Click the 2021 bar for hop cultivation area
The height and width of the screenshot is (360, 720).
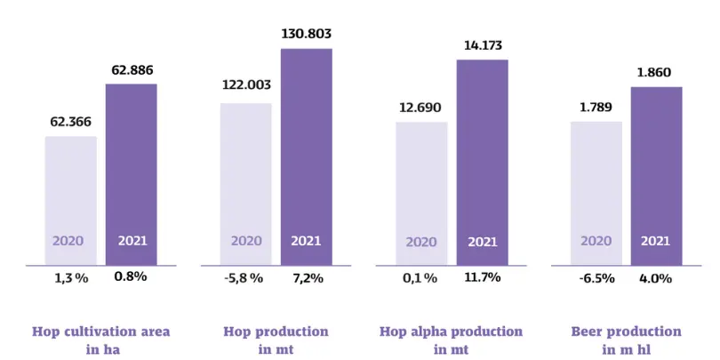click(131, 174)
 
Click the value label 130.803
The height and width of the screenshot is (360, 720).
click(306, 34)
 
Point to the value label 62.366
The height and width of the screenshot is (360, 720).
click(70, 122)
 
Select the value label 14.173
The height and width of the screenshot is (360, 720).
click(482, 44)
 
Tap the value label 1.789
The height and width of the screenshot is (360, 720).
click(596, 108)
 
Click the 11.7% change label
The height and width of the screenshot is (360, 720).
click(481, 277)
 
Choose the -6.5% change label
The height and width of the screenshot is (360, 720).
click(596, 277)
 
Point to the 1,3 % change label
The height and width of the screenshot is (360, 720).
click(71, 277)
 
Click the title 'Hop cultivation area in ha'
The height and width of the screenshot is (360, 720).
click(100, 340)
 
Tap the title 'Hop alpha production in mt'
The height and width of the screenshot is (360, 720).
click(451, 340)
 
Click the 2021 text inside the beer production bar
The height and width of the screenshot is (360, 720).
click(656, 240)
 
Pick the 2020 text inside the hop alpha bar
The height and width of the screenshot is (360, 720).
click(421, 240)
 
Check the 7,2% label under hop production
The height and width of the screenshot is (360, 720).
click(307, 277)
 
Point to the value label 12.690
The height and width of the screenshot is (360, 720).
click(420, 108)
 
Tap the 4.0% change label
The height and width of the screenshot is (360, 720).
click(656, 277)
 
